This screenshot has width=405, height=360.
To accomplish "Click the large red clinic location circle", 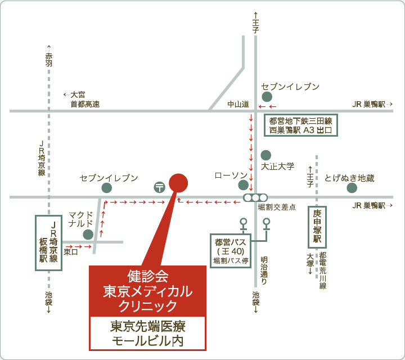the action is (178, 183).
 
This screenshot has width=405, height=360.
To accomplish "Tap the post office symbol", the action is (160, 187).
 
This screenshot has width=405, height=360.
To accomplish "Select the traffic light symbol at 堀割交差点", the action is (255, 198).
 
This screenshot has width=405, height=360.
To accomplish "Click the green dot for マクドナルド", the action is (88, 235).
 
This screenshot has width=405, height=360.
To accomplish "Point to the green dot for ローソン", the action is (243, 185).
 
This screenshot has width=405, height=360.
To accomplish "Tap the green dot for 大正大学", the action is (265, 155).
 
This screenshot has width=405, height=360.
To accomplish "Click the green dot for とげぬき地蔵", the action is (352, 188).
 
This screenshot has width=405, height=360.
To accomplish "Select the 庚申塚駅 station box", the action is (317, 227).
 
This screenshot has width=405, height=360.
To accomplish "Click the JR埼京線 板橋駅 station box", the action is (48, 243).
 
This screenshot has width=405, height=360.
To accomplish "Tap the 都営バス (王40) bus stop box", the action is (231, 250).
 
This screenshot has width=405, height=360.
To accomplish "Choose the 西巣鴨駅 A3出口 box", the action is (300, 125).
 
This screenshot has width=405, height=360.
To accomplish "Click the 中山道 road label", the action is (238, 104).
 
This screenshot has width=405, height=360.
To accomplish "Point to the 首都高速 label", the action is (85, 104).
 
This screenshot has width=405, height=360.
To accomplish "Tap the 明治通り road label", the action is (264, 271).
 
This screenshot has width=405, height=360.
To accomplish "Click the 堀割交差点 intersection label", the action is (277, 207).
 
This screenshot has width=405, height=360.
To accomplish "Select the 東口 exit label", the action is (71, 251).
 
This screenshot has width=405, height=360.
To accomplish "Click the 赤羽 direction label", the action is (49, 60).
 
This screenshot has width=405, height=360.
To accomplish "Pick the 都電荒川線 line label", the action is (323, 271).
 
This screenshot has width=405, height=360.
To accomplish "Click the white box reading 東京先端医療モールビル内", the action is (147, 333).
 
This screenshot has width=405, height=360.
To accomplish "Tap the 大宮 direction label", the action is (78, 94).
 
